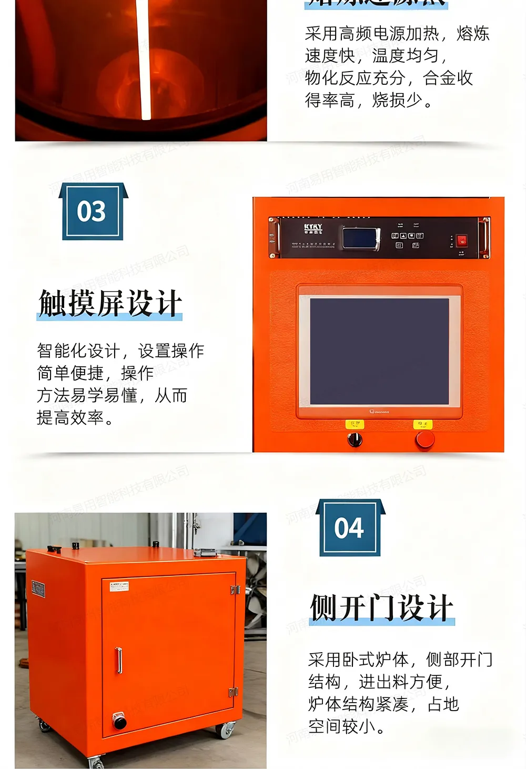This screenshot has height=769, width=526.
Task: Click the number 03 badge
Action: (92, 212)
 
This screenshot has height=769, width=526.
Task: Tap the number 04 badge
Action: (350, 528)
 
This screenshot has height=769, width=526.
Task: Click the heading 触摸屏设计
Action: (110, 304)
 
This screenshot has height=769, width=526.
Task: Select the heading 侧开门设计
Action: (381, 608)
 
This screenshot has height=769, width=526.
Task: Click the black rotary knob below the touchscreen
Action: (355, 439)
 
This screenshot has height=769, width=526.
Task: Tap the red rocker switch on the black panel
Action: (461, 241)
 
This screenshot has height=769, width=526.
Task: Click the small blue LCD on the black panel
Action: (361, 238)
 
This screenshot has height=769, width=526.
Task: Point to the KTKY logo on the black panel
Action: (313, 228)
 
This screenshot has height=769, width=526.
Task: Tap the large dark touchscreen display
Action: (379, 351)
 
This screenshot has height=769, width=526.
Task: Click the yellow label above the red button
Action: (422, 424)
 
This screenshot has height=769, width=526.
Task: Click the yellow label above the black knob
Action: (355, 424)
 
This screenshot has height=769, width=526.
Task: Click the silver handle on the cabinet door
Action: (119, 660)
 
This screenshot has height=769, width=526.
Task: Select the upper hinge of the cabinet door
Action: (235, 590)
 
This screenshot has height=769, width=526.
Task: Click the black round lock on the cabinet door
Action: (119, 721)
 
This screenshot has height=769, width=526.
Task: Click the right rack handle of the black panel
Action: (485, 238)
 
